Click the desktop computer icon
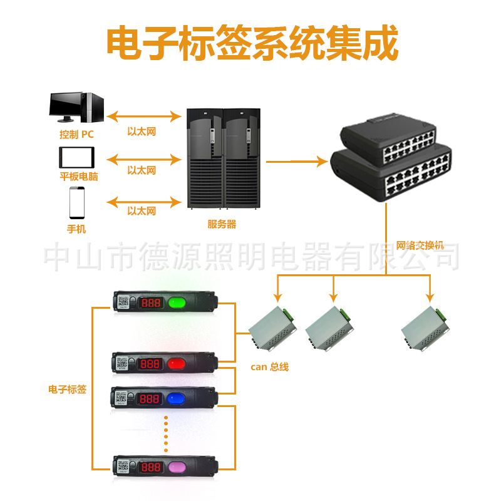(x=76, y=108)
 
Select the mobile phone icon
(x=77, y=203)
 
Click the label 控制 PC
(x=76, y=133)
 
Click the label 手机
(x=76, y=229)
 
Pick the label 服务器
(x=222, y=224)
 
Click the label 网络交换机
(x=420, y=245)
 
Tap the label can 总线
(x=269, y=367)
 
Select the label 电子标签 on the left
(x=67, y=390)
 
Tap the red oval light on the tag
(x=178, y=363)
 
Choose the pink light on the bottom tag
(x=178, y=467)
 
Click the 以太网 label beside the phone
(x=142, y=211)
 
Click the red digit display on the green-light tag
(x=151, y=303)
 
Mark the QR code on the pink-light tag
(x=122, y=466)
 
